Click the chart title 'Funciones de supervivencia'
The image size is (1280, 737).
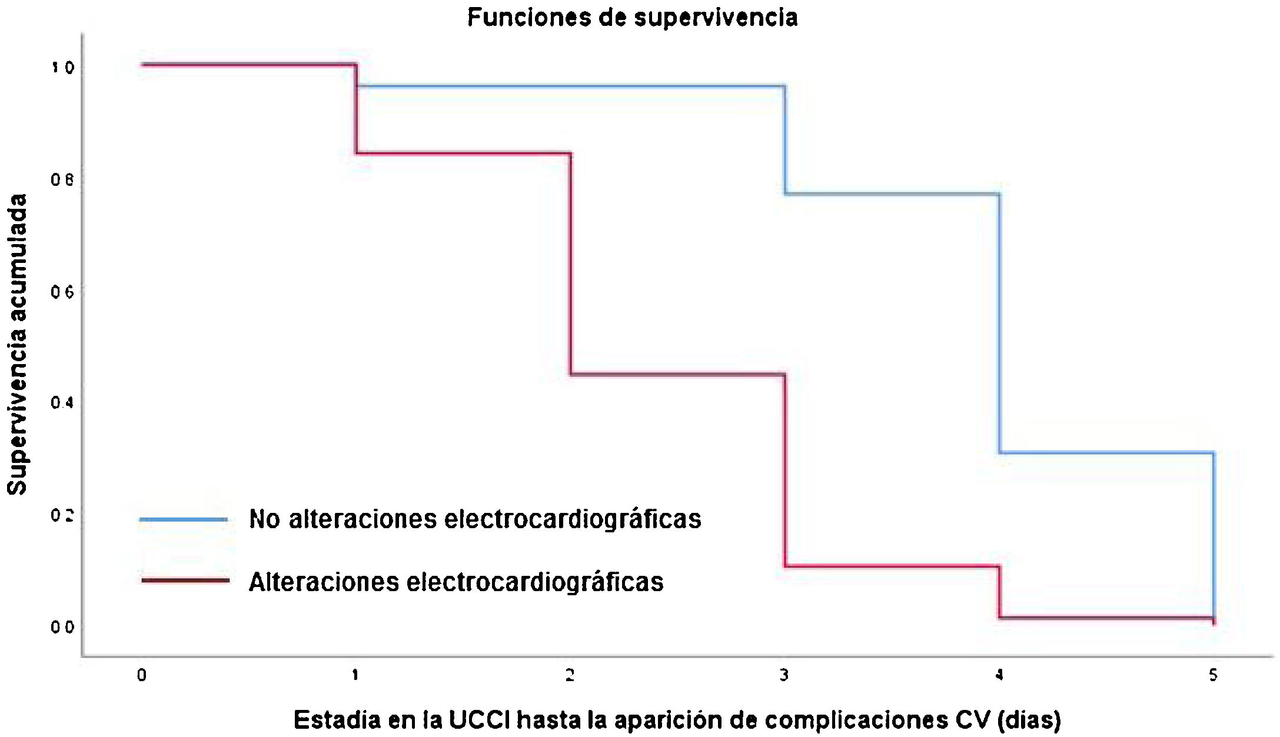pos(632,17)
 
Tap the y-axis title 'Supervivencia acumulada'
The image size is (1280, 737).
pos(18,344)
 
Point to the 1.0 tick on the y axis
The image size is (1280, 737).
pos(63,68)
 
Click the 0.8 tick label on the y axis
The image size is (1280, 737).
pos(63,180)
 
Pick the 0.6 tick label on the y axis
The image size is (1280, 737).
pos(63,292)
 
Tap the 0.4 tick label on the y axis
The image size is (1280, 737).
pos(63,403)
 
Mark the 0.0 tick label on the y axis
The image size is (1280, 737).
pos(63,628)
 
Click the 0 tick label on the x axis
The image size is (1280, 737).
pos(142,676)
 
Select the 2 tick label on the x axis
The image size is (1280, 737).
pos(570,676)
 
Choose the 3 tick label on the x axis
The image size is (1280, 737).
pos(784,676)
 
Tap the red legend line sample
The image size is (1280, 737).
pos(185,581)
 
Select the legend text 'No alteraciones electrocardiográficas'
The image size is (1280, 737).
pos(475,519)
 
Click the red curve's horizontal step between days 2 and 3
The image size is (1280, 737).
pos(677,374)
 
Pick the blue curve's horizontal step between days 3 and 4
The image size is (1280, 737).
pos(892,194)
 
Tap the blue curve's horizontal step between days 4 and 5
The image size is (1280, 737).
pos(1106,452)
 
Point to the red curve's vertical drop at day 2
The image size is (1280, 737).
pos(570,265)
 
